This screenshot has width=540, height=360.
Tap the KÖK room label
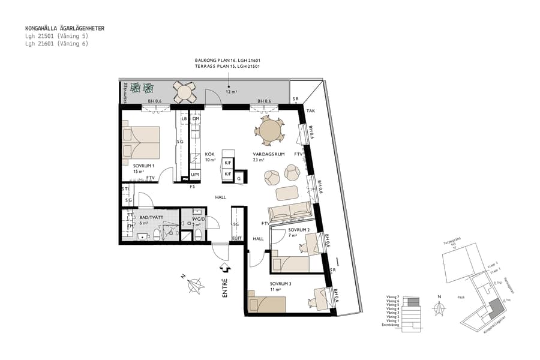click(x=210, y=153)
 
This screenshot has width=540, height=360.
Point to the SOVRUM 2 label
click(x=298, y=230)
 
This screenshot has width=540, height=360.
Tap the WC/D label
click(x=198, y=219)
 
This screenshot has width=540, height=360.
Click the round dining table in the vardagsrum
click(x=271, y=130)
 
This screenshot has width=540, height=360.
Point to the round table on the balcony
click(x=184, y=92)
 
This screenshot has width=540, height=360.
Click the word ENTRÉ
click(x=224, y=288)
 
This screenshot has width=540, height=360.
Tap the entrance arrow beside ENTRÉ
click(x=224, y=267)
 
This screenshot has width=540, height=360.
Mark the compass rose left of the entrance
click(x=193, y=287)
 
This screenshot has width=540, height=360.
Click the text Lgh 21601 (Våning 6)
click(x=56, y=44)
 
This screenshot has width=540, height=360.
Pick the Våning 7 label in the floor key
click(x=392, y=297)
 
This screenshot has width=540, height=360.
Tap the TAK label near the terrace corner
click(x=310, y=111)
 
